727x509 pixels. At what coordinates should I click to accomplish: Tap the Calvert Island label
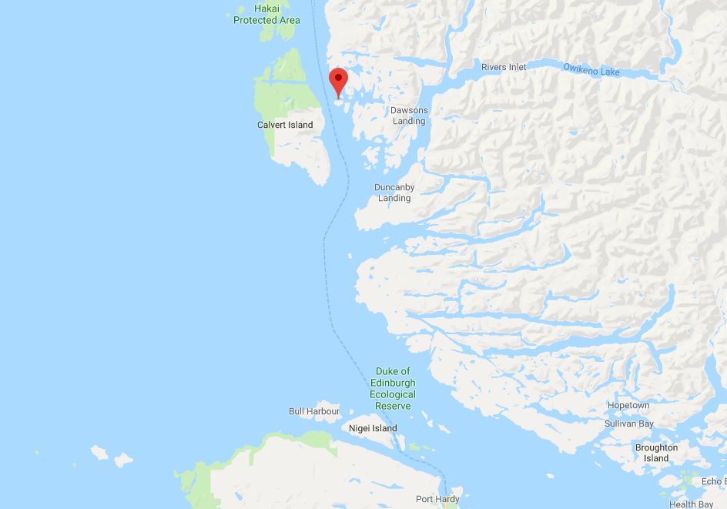point(285,125)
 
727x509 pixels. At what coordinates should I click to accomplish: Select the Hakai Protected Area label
point(266,15)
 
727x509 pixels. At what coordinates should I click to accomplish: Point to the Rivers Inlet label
point(504,68)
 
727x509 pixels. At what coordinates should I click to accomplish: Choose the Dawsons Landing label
point(408,116)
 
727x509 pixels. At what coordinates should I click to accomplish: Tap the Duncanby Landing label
point(394,193)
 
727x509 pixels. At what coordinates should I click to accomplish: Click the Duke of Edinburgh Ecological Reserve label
point(394,389)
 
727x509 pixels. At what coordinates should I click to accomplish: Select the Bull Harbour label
point(314,411)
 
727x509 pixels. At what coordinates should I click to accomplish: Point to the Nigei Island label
point(373,428)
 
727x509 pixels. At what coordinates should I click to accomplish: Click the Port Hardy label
point(437,499)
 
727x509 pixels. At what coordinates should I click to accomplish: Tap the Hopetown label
point(628,406)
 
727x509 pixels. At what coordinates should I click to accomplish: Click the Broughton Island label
point(656,453)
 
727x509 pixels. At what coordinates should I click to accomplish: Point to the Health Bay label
point(691,504)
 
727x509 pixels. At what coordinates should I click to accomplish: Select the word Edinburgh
point(394,383)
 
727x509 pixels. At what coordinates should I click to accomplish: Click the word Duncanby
point(394,187)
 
